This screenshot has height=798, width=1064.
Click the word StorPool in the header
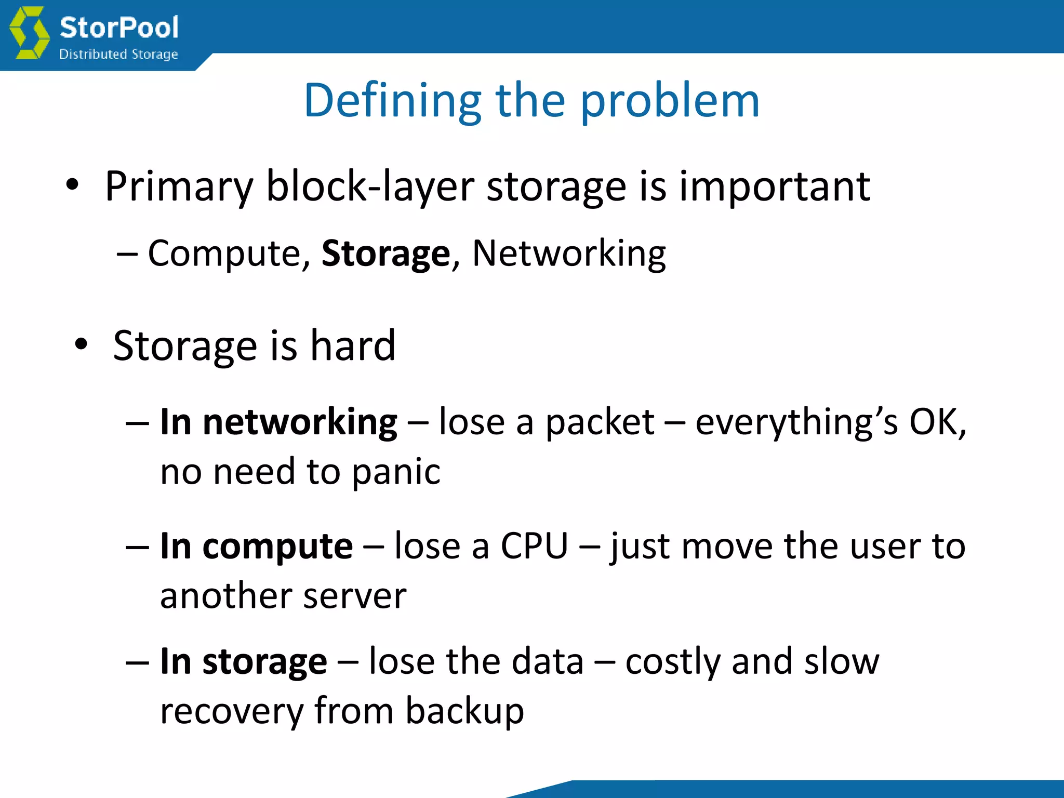119,27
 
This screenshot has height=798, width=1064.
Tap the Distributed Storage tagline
118,54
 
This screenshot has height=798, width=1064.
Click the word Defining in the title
393,101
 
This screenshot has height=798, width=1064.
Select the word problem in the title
670,101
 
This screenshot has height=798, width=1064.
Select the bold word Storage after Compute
385,254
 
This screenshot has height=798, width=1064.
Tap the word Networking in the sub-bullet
569,254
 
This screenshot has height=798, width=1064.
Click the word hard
353,345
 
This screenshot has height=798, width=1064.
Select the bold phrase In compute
256,546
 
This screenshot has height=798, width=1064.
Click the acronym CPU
534,546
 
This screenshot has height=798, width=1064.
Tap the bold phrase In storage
243,661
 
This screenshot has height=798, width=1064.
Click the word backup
464,711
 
